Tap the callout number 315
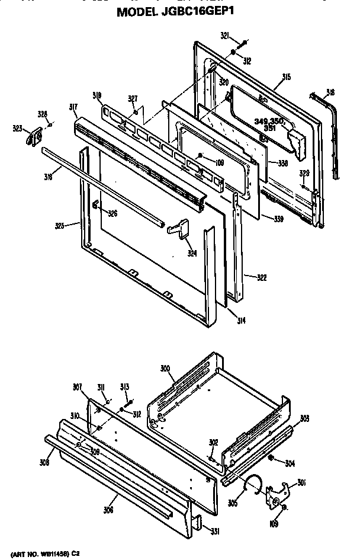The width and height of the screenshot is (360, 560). tap(285, 76)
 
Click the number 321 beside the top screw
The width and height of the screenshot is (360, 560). tap(224, 36)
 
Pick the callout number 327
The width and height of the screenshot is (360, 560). tap(133, 98)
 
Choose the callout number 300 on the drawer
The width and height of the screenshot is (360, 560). tap(165, 368)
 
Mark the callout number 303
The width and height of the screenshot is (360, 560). tap(304, 419)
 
